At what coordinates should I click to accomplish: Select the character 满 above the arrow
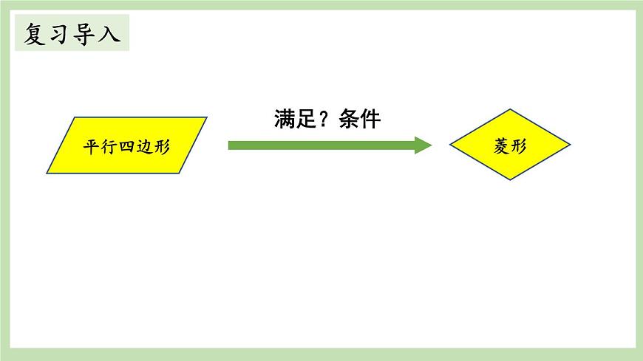[285, 120]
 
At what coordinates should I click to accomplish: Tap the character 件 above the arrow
[370, 120]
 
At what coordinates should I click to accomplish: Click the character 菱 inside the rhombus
[501, 146]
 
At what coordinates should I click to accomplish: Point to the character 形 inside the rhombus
[519, 146]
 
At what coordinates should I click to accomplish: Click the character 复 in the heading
[35, 35]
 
